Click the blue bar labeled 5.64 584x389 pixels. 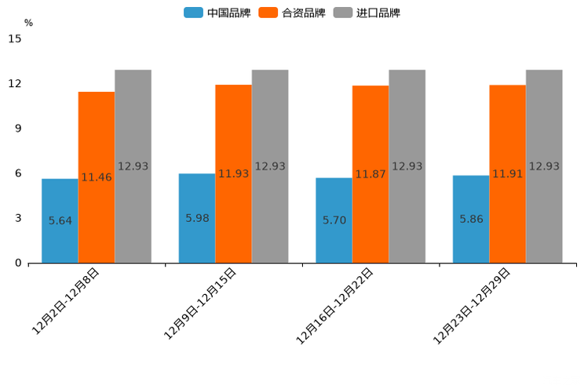pyautogui.click(x=60, y=220)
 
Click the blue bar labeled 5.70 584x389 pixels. pyautogui.click(x=334, y=220)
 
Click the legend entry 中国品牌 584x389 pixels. pyautogui.click(x=217, y=13)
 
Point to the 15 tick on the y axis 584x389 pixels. pyautogui.click(x=15, y=38)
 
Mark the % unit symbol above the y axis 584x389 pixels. pyautogui.click(x=28, y=23)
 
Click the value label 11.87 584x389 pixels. pyautogui.click(x=370, y=174)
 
